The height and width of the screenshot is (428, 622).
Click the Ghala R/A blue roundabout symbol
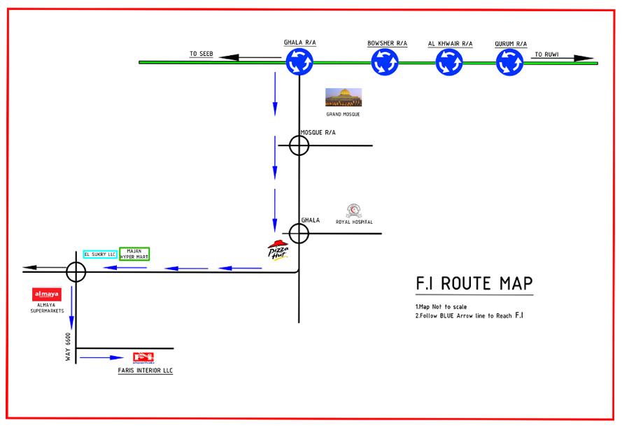click(x=299, y=62)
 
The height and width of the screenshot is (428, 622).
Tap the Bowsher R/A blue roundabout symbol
click(x=384, y=62)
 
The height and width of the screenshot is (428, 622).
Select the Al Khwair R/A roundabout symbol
click(x=449, y=62)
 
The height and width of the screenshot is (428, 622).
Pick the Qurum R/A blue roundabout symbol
click(x=510, y=62)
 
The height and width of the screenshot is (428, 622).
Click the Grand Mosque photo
click(x=344, y=97)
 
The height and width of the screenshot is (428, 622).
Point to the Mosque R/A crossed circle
click(x=299, y=145)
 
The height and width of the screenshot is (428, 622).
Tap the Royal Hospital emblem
click(x=353, y=211)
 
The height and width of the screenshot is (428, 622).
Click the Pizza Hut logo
click(x=278, y=250)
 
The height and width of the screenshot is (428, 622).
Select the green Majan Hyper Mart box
click(x=134, y=254)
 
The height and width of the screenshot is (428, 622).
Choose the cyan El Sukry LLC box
click(x=100, y=255)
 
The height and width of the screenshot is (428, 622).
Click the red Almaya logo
click(x=47, y=294)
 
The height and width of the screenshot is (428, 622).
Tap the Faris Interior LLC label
click(x=146, y=371)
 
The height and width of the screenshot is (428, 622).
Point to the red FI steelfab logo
click(x=143, y=358)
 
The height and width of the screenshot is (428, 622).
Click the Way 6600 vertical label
click(x=68, y=347)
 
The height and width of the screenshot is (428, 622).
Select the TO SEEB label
click(x=201, y=54)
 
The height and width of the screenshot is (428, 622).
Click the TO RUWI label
click(x=546, y=55)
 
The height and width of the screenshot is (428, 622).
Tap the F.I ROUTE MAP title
click(x=474, y=284)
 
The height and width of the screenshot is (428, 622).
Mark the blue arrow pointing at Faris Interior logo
click(x=101, y=358)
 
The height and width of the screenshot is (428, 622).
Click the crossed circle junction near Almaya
click(x=76, y=272)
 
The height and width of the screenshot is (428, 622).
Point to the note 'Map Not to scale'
click(x=441, y=306)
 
